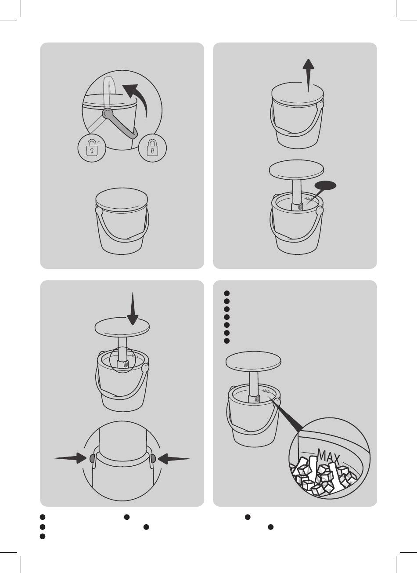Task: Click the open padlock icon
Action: click(x=92, y=148)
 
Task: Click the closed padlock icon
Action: click(x=152, y=148)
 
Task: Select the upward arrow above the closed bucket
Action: click(x=309, y=76)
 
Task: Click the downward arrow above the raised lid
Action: click(x=133, y=308)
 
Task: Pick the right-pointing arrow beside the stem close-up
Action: click(x=71, y=458)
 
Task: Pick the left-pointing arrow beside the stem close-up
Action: click(x=174, y=458)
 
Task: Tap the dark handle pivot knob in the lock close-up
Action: click(x=107, y=113)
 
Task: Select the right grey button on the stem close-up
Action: click(x=153, y=458)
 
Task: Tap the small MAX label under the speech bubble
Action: click(x=309, y=199)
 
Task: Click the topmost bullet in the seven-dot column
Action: click(x=226, y=293)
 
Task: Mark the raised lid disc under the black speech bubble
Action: click(x=296, y=169)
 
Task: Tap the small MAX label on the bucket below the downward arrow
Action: click(x=135, y=356)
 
